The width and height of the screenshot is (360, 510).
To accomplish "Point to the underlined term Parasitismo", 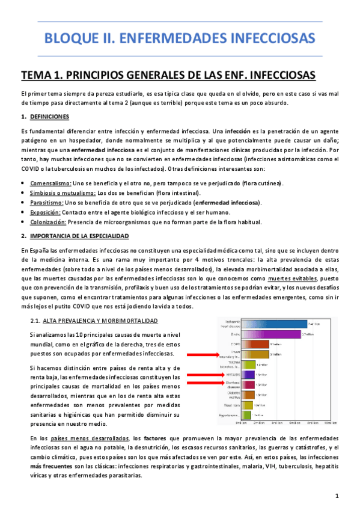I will coord(47,202).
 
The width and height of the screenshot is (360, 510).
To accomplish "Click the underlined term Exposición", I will coord(46,212).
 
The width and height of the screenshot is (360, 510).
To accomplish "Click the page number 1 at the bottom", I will coord(338,496).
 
